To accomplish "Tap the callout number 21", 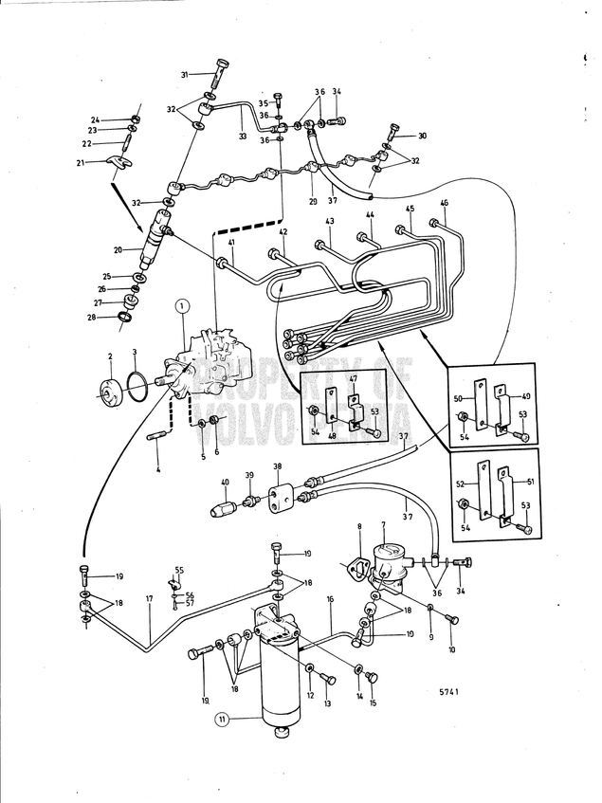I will point(107,162).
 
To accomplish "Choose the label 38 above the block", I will point(278,466).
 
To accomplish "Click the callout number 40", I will point(225,482).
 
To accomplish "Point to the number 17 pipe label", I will point(149,599).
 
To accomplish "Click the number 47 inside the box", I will point(353,378).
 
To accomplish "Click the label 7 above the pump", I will point(383,524).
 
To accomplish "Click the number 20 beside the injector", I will point(119,250).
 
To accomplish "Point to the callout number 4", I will point(158,468).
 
